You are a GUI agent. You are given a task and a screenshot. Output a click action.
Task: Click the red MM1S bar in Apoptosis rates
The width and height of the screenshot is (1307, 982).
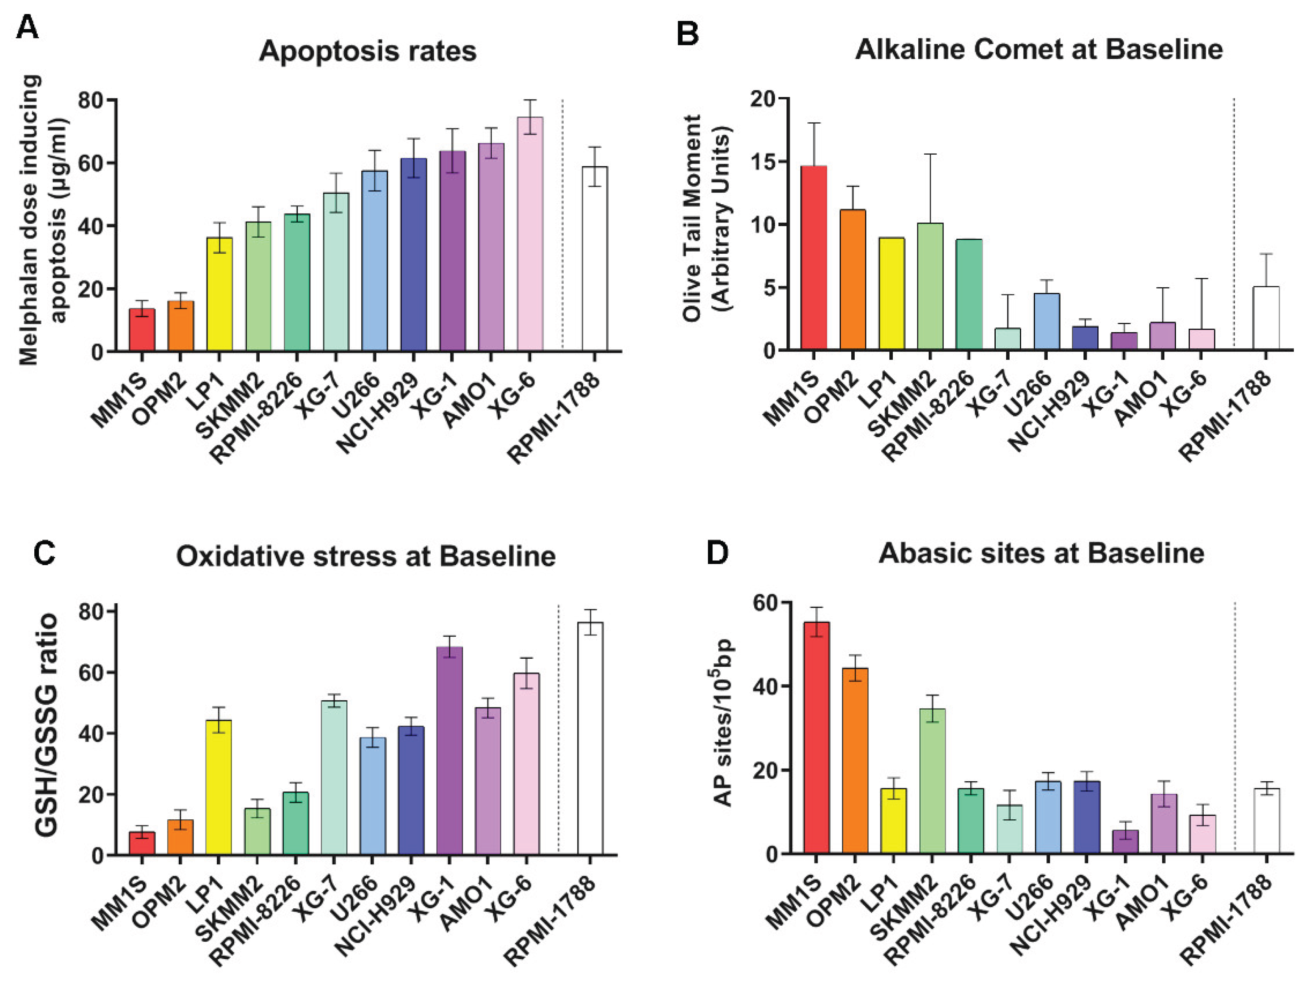[x=142, y=330]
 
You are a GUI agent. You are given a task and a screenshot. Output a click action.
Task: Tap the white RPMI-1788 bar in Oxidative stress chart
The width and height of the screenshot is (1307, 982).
[x=590, y=738]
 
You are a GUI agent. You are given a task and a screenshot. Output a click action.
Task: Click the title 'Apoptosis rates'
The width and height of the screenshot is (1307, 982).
[x=368, y=51]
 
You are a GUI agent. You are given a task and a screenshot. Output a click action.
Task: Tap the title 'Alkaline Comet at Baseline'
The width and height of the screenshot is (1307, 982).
[x=1039, y=49]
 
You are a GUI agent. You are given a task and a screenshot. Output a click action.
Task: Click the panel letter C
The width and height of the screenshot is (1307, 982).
[x=44, y=554]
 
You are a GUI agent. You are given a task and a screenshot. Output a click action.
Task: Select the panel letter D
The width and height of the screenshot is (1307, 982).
[x=717, y=552]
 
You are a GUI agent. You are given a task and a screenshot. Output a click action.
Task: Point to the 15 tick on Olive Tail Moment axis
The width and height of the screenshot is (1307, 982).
[x=762, y=162]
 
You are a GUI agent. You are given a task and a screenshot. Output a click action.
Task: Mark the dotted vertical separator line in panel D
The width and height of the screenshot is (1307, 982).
[x=1235, y=727]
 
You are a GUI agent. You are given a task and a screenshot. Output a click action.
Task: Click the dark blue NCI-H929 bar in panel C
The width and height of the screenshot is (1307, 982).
[x=411, y=790]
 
